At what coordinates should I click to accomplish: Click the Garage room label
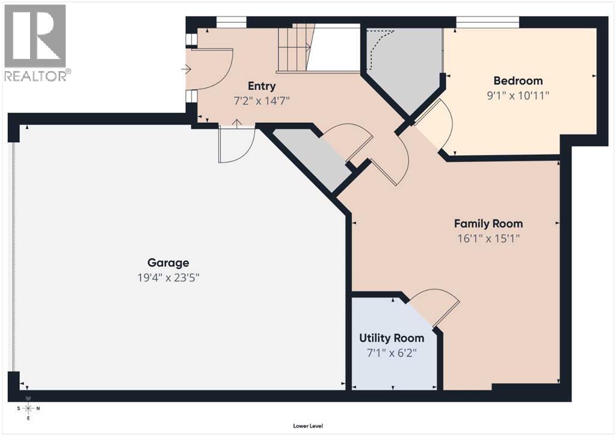coord(168,263)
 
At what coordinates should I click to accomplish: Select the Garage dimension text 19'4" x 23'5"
coord(168,278)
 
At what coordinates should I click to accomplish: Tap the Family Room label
coord(488,223)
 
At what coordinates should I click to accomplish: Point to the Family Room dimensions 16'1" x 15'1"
coord(488,238)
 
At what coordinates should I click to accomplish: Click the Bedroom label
coord(518,81)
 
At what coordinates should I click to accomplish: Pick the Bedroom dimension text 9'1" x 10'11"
coord(518,95)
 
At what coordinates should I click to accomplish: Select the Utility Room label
coord(392,338)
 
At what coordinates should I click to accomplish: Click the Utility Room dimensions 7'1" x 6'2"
coord(392,353)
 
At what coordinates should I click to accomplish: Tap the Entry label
coord(262,86)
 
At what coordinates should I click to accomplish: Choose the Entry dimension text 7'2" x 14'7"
coord(262,101)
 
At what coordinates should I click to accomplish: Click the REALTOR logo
coord(35,43)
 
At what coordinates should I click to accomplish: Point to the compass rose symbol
coord(28,408)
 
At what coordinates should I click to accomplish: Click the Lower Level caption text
coord(308,426)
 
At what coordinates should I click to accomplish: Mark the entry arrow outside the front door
coord(186,70)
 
